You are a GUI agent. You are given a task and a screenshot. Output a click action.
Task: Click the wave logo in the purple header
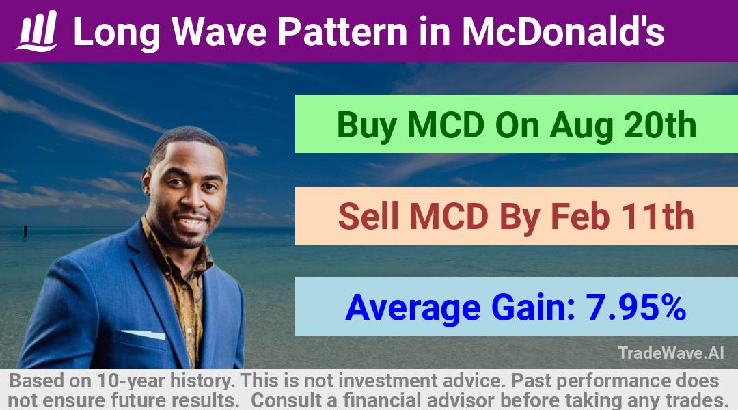[37, 31]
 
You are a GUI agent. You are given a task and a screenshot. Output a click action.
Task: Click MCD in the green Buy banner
[446, 125]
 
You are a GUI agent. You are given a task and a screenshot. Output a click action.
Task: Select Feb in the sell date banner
[580, 216]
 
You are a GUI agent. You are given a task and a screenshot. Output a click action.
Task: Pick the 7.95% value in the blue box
[636, 307]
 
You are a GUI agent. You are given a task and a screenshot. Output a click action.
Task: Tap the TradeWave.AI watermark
[671, 353]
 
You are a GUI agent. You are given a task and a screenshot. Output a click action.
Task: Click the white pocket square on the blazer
[143, 334]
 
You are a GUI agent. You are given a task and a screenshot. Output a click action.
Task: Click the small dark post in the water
[25, 231]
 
